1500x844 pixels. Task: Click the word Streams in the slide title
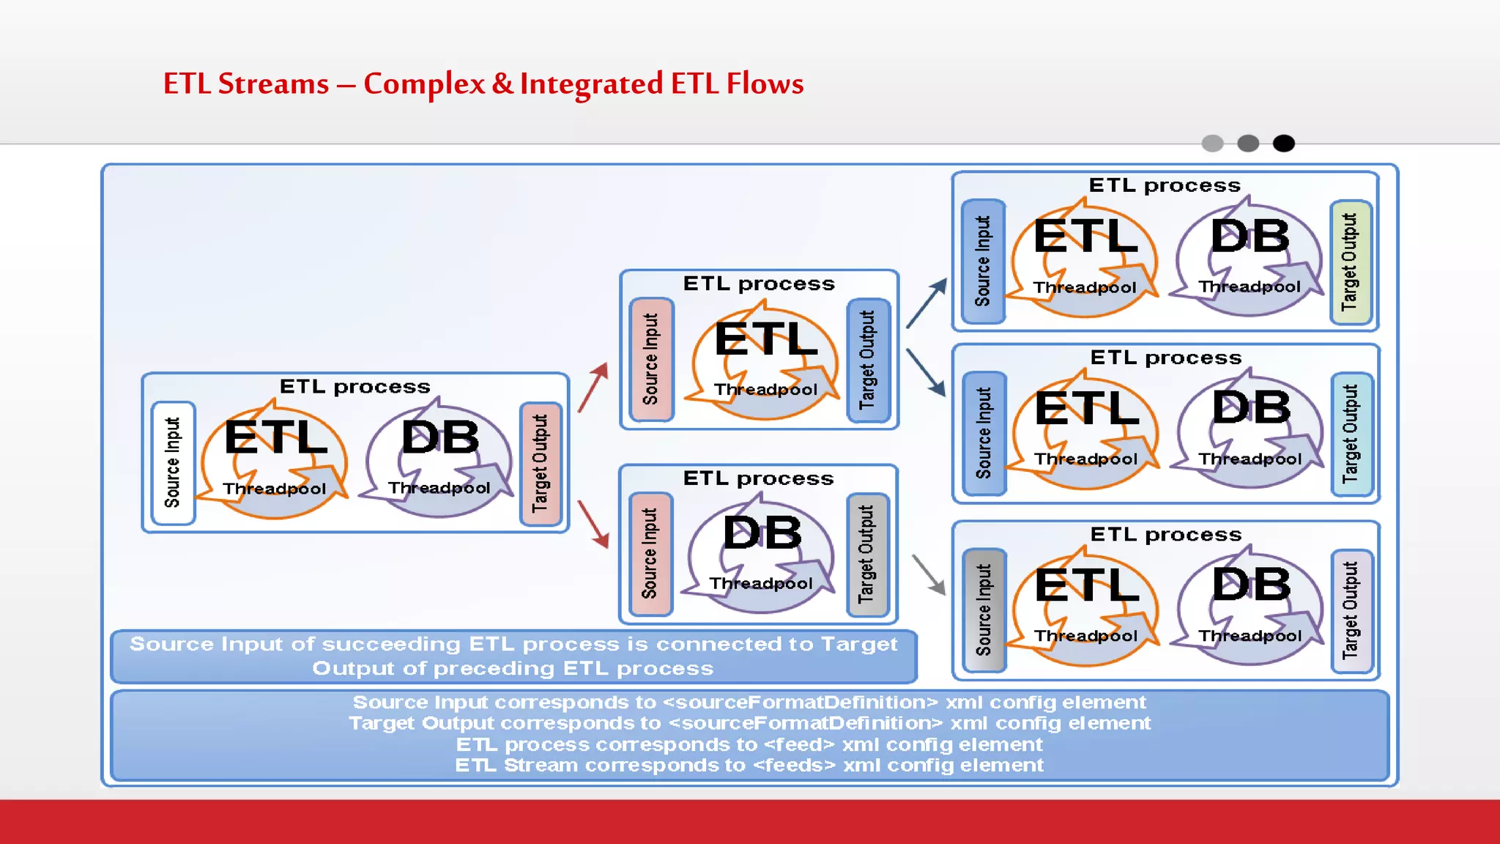(273, 84)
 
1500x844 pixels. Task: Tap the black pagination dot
(1283, 144)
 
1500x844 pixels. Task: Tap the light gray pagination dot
(1212, 144)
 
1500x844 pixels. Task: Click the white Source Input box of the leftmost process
(173, 463)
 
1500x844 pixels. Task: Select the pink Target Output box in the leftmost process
(541, 463)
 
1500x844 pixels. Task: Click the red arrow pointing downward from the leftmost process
(594, 523)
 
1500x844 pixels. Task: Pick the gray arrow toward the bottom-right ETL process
(929, 574)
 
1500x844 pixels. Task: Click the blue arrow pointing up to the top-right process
(927, 302)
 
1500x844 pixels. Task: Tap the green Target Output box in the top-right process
(1350, 262)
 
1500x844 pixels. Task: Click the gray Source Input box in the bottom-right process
(984, 610)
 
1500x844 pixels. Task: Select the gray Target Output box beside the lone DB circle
(867, 555)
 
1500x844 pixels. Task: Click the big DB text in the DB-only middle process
(762, 533)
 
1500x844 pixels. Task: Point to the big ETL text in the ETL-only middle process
(765, 339)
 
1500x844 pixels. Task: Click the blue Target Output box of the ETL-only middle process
(868, 360)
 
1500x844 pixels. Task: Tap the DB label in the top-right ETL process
(1250, 237)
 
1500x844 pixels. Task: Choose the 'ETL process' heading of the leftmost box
(355, 387)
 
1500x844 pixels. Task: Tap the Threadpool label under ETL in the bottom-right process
(1085, 636)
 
